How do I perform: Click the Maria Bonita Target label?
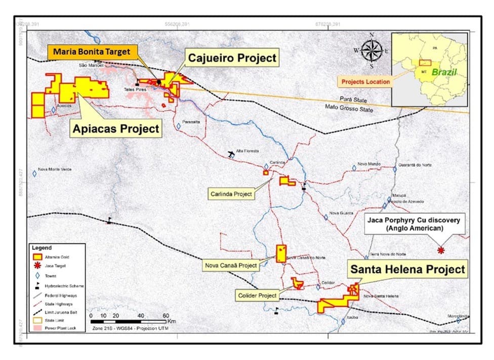coord(92,52)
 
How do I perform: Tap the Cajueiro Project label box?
coord(232,58)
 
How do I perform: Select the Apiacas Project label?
coord(116,129)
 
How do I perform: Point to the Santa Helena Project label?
coord(407,269)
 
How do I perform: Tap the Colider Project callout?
coord(257,295)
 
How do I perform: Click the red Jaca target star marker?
coord(441,251)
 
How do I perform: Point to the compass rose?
coord(372,50)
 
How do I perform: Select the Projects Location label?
coord(365,82)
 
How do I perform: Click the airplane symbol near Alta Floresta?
coord(232,153)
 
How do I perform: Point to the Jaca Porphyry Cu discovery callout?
coord(413,224)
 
